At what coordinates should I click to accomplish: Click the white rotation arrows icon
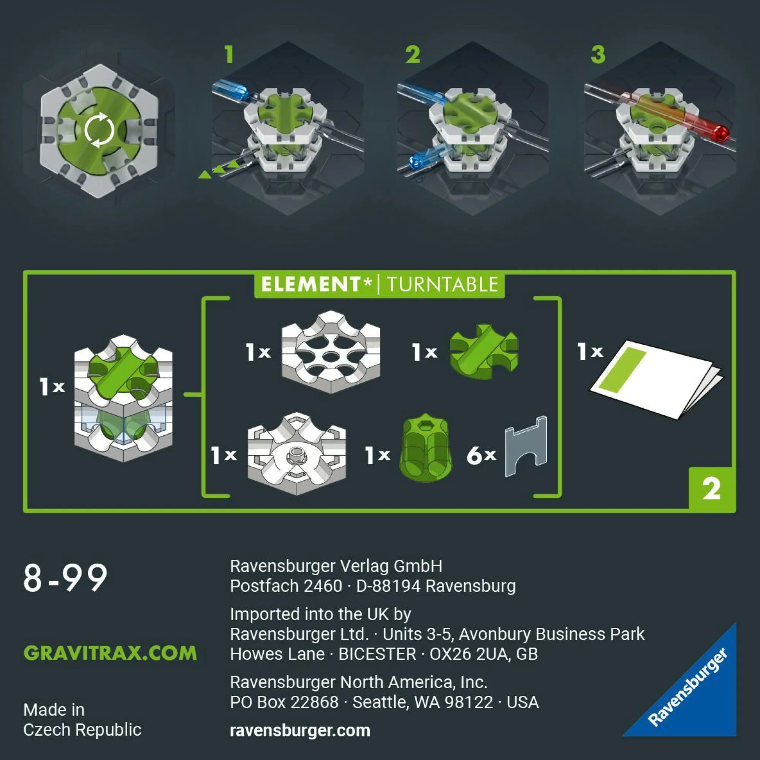99,130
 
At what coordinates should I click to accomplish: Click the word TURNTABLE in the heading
443,284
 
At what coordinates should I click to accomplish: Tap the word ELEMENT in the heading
310,284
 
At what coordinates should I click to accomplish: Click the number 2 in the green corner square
712,489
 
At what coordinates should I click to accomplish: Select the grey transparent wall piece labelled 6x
526,446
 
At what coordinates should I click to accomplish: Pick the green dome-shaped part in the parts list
425,448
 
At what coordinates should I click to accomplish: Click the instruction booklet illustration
656,380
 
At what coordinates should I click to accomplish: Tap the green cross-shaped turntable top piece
484,351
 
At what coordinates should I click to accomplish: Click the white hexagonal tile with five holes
331,352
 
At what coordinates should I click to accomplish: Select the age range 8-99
65,578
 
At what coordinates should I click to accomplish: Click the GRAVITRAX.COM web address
111,652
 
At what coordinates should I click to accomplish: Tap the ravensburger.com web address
300,730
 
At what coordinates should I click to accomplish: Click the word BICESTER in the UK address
377,654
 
